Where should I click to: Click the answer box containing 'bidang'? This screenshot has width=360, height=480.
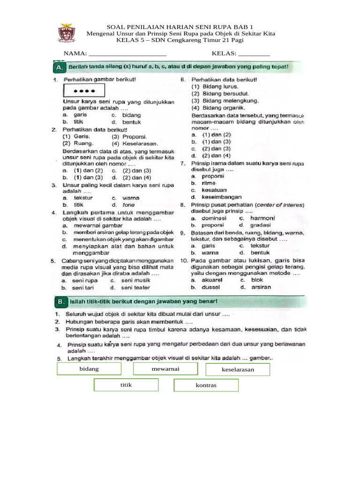89,369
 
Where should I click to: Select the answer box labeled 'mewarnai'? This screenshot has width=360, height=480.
165,369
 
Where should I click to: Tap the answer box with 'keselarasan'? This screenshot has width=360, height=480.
238,370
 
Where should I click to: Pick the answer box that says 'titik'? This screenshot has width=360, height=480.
126,385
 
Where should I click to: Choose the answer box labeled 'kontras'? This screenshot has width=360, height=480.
206,386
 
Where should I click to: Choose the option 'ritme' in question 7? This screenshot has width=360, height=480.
209,183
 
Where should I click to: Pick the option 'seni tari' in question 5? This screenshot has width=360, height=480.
84,287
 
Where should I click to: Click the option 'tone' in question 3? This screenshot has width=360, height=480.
128,205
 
